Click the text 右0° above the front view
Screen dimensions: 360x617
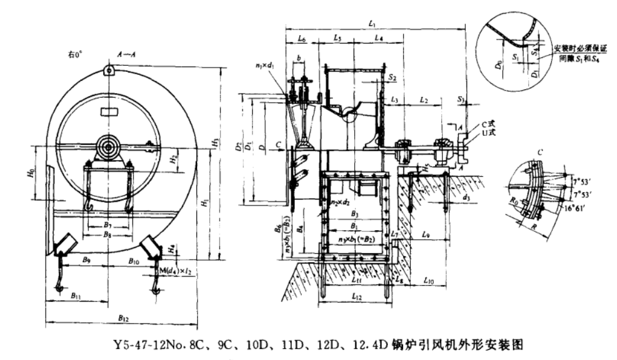point(75,54)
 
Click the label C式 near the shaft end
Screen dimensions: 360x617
point(477,124)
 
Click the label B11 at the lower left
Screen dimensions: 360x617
point(76,295)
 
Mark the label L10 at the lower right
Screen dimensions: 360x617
point(431,280)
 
